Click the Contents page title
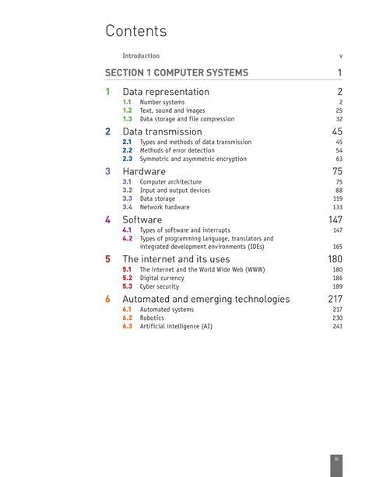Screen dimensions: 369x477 pyautogui.click(x=136, y=31)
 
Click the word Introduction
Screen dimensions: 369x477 pyautogui.click(x=141, y=56)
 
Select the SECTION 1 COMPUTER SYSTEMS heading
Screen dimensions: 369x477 pyautogui.click(x=177, y=73)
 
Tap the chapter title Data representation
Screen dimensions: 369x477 pyautogui.click(x=166, y=92)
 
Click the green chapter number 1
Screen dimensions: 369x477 pyautogui.click(x=108, y=92)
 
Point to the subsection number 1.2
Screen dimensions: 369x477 pyautogui.click(x=127, y=110)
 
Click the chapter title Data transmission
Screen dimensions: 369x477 pyautogui.click(x=162, y=132)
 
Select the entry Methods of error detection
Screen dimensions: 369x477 pyautogui.click(x=177, y=150)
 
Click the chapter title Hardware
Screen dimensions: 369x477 pyautogui.click(x=144, y=171)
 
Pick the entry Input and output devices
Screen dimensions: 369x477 pyautogui.click(x=174, y=190)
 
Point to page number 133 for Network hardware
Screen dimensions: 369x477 pyautogui.click(x=337, y=207)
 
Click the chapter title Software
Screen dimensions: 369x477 pyautogui.click(x=142, y=220)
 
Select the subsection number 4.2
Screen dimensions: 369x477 pyautogui.click(x=127, y=239)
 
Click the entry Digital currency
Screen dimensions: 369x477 pyautogui.click(x=162, y=278)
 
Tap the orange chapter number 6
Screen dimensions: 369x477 pyautogui.click(x=108, y=299)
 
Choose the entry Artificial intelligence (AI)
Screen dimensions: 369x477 pyautogui.click(x=176, y=326)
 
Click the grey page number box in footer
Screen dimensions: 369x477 pyautogui.click(x=337, y=459)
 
